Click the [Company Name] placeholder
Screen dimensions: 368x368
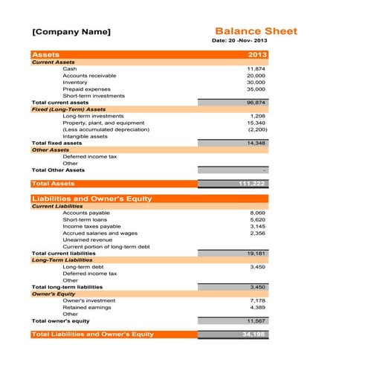point(71,32)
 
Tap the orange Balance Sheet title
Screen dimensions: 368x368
point(256,31)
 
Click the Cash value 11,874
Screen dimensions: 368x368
point(256,68)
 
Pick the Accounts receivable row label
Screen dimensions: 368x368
point(89,75)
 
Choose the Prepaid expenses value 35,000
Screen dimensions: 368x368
point(256,88)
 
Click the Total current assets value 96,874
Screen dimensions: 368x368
point(256,102)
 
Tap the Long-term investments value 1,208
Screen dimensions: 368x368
point(257,116)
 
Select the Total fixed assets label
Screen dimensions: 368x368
point(57,143)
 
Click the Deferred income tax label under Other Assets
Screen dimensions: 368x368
point(89,156)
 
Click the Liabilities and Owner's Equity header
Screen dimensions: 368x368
point(91,198)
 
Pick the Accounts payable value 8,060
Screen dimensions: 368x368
point(257,213)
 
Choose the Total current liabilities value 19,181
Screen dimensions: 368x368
point(256,253)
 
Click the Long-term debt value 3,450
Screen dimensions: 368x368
point(257,266)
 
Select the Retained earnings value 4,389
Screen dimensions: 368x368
point(257,306)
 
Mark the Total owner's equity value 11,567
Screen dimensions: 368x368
point(256,320)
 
